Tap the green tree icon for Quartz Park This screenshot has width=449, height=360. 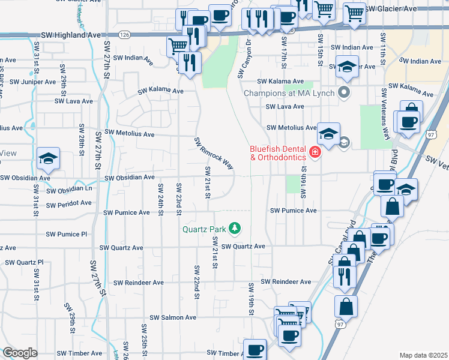coord(235,229)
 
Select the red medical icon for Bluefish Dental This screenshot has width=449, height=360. coord(315,153)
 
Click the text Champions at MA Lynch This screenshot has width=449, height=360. coord(291,93)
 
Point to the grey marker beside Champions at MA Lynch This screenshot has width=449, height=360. coord(344,93)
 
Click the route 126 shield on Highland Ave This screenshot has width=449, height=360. coord(124,35)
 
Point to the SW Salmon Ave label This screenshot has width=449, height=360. coord(173,317)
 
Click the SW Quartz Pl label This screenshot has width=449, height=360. coord(25,262)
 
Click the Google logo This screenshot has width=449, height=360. coord(20,353)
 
